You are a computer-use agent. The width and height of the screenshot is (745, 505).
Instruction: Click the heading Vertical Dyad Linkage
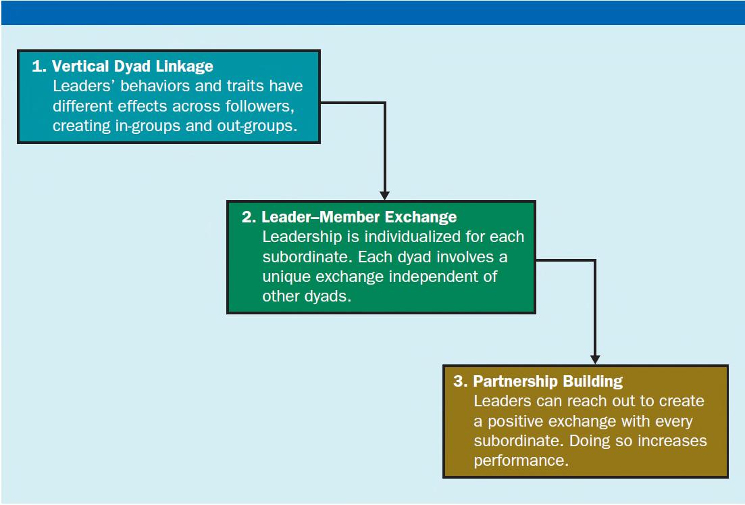pos(132,66)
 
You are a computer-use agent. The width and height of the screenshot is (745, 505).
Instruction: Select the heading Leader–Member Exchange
pos(359,217)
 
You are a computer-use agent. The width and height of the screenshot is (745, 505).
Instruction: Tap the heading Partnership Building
pos(548,381)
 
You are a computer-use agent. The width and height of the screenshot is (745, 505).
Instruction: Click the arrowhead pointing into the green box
pos(385,195)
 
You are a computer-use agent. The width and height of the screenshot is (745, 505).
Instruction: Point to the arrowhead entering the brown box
pos(595,360)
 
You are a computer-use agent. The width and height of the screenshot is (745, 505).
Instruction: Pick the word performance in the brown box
pos(521,460)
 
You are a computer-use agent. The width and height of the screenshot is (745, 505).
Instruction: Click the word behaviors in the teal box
pos(155,86)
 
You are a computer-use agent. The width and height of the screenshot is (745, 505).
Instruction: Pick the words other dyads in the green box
pos(307,296)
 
